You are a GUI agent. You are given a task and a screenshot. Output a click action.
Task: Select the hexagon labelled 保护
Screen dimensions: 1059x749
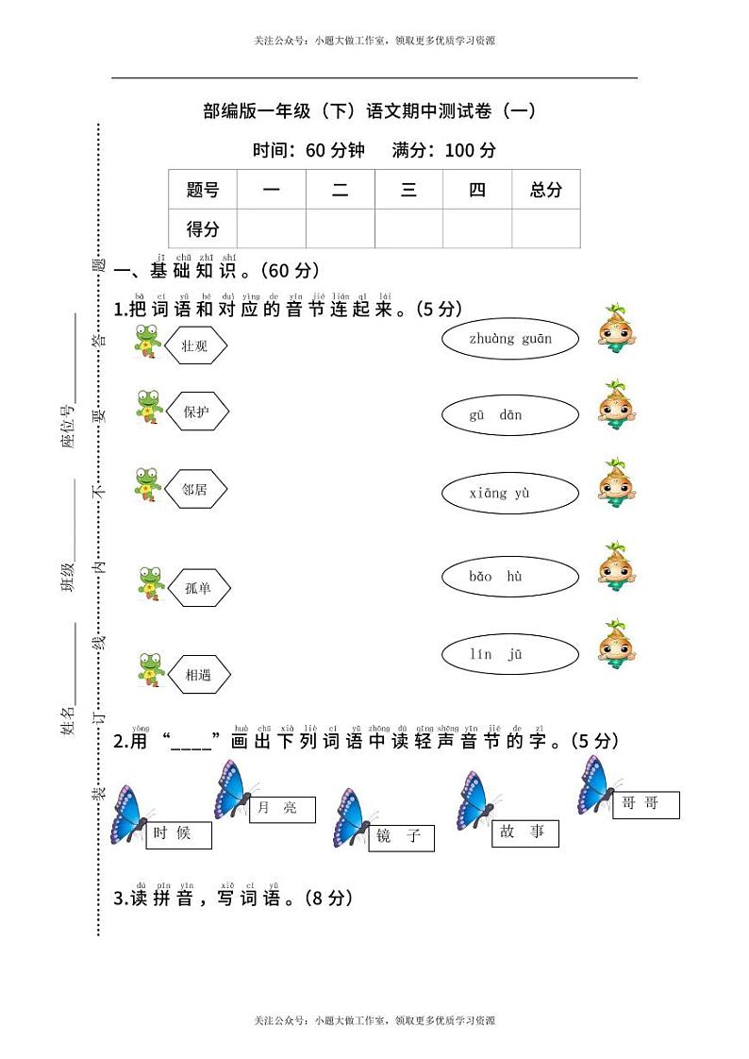click(196, 412)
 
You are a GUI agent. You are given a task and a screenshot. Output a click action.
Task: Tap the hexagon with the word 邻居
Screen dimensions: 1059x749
click(195, 490)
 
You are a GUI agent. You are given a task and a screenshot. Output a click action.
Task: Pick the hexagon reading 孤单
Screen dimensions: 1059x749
click(198, 588)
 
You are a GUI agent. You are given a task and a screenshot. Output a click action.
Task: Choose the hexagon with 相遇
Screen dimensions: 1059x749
click(198, 675)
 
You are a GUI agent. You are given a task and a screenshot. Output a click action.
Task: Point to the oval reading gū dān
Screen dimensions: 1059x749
click(509, 415)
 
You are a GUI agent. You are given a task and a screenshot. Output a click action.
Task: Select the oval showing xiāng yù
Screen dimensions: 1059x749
click(509, 493)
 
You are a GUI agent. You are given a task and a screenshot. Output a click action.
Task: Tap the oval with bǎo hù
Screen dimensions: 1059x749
click(509, 577)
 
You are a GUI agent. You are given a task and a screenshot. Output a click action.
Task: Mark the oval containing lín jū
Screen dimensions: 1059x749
click(509, 654)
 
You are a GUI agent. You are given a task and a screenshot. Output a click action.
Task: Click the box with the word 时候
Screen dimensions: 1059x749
click(178, 835)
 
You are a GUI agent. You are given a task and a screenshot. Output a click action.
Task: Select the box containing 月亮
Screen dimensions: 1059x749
click(281, 810)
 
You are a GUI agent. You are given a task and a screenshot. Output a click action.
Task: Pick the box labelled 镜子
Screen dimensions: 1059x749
click(401, 837)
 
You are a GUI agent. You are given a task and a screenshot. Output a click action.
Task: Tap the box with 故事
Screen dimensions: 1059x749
click(524, 833)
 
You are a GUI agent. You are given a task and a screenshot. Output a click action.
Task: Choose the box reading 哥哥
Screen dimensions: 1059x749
click(645, 805)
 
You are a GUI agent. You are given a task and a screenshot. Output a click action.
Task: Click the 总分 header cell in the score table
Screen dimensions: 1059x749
click(545, 190)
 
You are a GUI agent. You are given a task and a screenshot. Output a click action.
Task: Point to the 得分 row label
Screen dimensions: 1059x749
click(203, 228)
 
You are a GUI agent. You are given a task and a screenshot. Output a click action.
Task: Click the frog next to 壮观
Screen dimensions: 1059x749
click(147, 341)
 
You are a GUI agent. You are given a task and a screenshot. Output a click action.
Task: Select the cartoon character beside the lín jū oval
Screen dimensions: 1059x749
click(617, 645)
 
